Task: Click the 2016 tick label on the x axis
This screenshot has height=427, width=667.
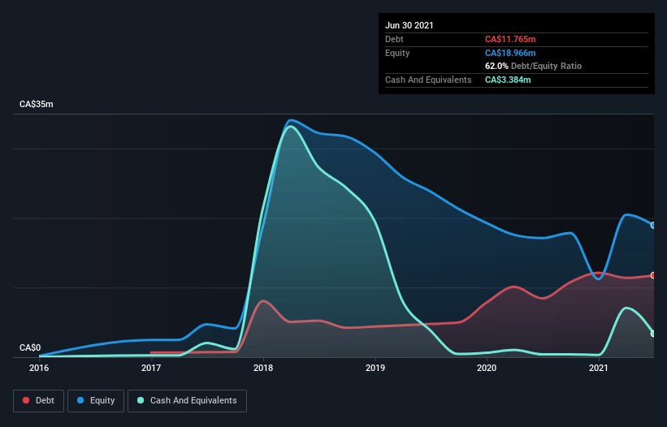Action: click(39, 368)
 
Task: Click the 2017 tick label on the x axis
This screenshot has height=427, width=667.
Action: click(151, 368)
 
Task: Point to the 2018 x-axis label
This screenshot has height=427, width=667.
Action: click(263, 368)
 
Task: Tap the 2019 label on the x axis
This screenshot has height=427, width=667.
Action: click(375, 368)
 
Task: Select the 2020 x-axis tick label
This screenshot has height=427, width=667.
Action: click(487, 368)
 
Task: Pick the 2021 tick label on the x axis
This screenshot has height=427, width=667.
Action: click(599, 368)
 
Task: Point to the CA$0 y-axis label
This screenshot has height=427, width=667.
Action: click(29, 347)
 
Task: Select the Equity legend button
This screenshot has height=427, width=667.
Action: click(96, 400)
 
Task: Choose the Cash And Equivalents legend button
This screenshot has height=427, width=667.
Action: click(187, 400)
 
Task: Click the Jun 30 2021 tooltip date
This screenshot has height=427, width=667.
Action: click(409, 25)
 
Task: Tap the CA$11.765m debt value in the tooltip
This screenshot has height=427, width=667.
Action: click(509, 39)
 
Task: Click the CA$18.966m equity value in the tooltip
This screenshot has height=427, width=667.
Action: click(509, 53)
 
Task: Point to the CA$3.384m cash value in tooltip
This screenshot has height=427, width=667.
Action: click(508, 80)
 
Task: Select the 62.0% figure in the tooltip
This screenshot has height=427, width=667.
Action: click(497, 66)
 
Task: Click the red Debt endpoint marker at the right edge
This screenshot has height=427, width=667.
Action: click(653, 275)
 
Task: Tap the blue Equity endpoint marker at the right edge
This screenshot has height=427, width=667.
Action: click(653, 225)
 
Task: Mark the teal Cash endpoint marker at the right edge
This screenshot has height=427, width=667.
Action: click(653, 333)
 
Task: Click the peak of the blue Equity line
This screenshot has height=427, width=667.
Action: click(291, 120)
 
